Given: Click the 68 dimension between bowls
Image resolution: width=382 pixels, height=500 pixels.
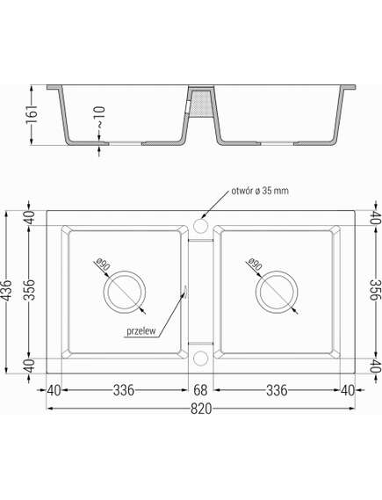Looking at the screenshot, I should pyautogui.click(x=199, y=390).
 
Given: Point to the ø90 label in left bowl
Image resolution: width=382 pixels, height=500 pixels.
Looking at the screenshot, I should pyautogui.click(x=101, y=262).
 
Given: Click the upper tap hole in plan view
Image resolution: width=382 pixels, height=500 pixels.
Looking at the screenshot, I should pyautogui.click(x=199, y=227).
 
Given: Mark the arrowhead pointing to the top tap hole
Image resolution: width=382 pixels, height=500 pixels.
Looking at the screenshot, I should pyautogui.click(x=204, y=216).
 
